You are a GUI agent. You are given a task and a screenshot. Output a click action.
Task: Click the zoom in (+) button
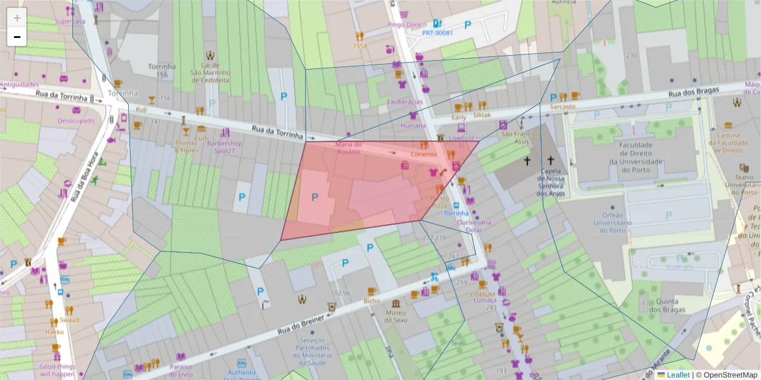tap(17, 18)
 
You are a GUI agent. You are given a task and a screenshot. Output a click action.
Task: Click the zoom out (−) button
tap(17, 37)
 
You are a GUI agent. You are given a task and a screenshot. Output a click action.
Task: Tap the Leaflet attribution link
tap(678, 374)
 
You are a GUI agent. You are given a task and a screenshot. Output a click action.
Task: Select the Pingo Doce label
tap(405, 25)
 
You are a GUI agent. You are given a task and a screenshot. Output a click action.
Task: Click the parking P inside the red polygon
tap(315, 197)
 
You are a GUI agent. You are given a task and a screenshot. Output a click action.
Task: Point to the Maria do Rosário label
tap(348, 148)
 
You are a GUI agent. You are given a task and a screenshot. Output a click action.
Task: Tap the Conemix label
tap(424, 155)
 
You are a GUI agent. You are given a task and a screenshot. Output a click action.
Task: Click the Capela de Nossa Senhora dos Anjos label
tap(550, 183)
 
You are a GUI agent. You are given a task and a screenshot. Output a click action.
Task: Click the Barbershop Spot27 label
tap(224, 147)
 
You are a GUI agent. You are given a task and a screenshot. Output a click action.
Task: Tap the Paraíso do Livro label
tap(181, 370)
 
